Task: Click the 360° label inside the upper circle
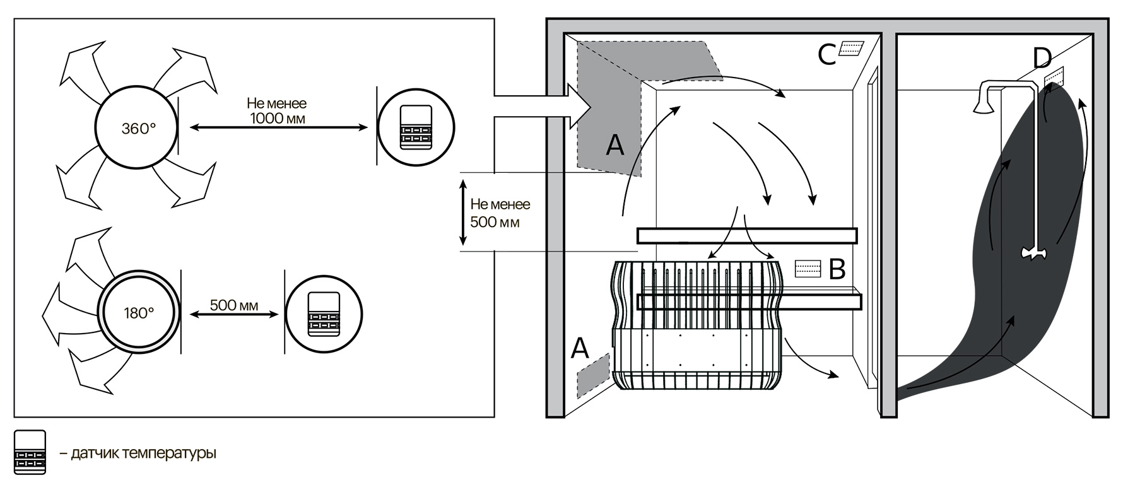click(138, 129)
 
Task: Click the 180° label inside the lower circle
click(139, 313)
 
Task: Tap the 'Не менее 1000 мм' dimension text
click(278, 110)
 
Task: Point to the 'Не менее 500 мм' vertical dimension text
click(500, 213)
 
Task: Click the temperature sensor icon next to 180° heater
click(324, 313)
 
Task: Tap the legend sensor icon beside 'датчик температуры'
click(30, 452)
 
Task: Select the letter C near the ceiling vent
click(827, 55)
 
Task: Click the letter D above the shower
click(1042, 59)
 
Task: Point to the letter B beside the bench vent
click(837, 269)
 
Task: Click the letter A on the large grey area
click(614, 145)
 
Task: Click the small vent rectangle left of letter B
click(808, 269)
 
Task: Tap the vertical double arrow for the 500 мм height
click(463, 213)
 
